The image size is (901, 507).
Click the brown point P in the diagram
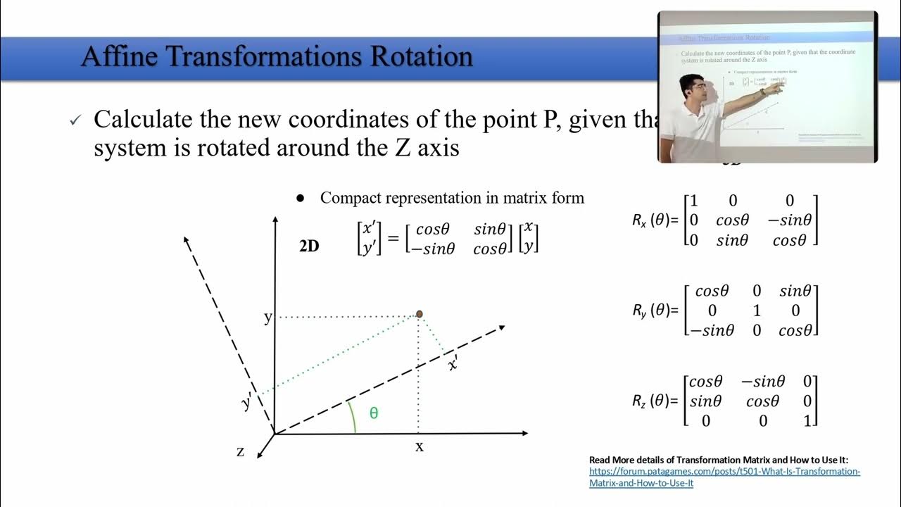(419, 314)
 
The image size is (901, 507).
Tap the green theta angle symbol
(374, 413)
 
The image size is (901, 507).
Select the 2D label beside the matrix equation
(309, 246)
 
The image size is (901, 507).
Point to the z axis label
(241, 451)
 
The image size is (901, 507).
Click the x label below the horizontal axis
(420, 446)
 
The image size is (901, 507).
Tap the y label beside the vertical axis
(267, 318)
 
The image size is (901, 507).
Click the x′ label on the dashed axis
(454, 363)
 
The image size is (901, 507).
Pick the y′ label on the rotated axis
(247, 403)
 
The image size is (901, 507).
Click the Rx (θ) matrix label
(655, 220)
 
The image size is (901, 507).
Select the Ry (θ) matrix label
(655, 310)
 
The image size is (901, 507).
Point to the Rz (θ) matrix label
(655, 401)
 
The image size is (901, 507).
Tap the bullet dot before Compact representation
(301, 199)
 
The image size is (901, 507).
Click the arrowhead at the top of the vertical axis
(274, 220)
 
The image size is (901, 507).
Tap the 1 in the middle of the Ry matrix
(756, 311)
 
